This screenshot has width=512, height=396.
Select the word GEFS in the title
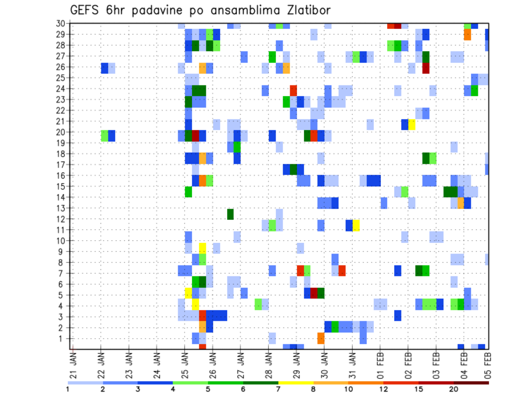click(x=86, y=10)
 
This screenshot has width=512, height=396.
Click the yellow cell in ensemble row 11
click(x=356, y=225)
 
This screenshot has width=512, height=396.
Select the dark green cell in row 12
click(x=230, y=214)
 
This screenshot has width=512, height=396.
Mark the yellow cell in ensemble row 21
click(x=412, y=124)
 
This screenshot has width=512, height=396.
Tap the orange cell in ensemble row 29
click(x=467, y=34)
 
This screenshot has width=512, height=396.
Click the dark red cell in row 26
click(x=426, y=68)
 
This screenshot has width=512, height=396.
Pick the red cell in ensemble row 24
click(x=293, y=90)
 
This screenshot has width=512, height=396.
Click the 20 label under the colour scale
click(x=453, y=389)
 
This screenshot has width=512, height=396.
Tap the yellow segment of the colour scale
click(x=296, y=383)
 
